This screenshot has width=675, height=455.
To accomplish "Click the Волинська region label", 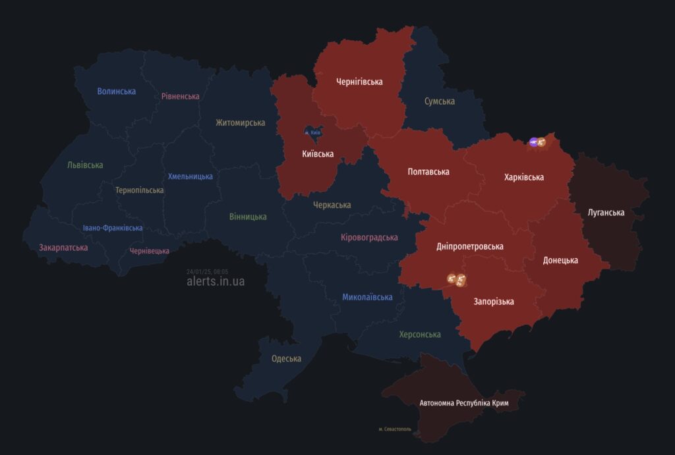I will [116, 91].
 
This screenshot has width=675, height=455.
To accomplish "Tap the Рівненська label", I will [180, 96].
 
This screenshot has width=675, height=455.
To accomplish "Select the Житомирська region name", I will [240, 122].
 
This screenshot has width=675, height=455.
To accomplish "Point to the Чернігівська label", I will [359, 82].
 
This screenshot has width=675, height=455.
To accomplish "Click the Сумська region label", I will [439, 101].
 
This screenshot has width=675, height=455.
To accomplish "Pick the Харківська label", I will [523, 177].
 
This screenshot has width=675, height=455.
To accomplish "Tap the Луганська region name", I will [606, 213].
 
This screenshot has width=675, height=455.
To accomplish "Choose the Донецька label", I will [560, 260].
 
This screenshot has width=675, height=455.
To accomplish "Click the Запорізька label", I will [493, 302].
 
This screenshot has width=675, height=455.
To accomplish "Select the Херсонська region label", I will [419, 335].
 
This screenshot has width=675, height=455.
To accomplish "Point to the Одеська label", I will [286, 359].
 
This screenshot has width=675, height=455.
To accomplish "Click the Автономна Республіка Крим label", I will [463, 402].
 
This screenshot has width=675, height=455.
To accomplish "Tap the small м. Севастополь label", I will [395, 429].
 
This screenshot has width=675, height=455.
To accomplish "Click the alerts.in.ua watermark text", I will [215, 281].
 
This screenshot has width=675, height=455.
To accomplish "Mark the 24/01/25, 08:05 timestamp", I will [207, 271].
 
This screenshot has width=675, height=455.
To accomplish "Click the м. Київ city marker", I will [312, 132].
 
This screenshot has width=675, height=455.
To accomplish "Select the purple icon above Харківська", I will [533, 142].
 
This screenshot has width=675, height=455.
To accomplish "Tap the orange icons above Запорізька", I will [457, 280].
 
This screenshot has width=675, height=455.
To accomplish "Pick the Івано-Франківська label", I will [112, 228].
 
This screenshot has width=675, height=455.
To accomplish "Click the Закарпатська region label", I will [63, 248].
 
